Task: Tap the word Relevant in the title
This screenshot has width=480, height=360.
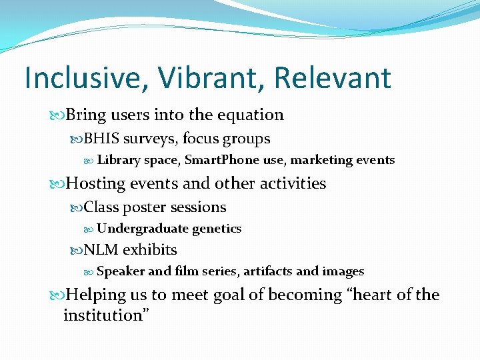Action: pyautogui.click(x=332, y=78)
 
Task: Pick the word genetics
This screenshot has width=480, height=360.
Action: pyautogui.click(x=217, y=229)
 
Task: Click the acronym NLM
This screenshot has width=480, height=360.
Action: pyautogui.click(x=101, y=250)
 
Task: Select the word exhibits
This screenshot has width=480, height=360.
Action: pyautogui.click(x=150, y=250)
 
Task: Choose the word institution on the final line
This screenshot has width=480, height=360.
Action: pyautogui.click(x=103, y=315)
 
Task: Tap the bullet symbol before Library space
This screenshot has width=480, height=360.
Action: pyautogui.click(x=90, y=161)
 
